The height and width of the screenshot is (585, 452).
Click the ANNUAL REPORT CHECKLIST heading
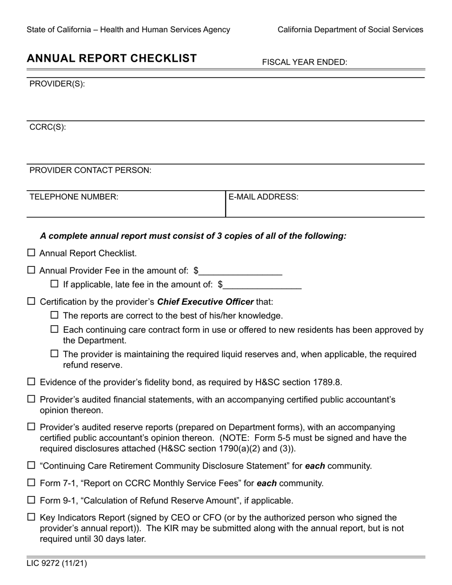[112, 58]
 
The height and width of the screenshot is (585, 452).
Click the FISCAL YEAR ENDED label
[305, 62]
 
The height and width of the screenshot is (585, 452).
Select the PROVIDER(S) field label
[57, 84]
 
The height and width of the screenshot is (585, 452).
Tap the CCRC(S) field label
[48, 127]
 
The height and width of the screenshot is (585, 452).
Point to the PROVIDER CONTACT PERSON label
[90, 170]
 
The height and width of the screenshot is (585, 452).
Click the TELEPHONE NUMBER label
[74, 197]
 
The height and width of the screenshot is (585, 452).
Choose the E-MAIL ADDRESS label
[264, 197]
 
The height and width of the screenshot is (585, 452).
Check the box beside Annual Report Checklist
[31, 253]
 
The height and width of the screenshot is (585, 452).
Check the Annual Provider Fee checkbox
[31, 270]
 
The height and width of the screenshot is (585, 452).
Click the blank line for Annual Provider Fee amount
[241, 272]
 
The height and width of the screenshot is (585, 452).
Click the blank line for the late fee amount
[262, 285]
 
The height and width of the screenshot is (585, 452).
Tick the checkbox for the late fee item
[55, 284]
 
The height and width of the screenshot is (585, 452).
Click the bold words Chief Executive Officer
[205, 302]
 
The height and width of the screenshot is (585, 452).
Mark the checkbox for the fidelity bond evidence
[31, 381]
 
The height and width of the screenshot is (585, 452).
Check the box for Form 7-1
[31, 483]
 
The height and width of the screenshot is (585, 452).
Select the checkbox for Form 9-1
[31, 500]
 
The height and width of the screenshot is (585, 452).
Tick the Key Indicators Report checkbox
[31, 517]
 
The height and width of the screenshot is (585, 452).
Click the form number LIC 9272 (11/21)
[57, 564]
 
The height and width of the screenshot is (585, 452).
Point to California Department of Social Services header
[350, 29]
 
